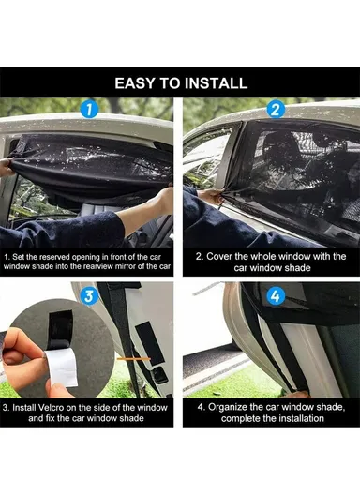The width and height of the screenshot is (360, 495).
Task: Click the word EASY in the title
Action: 137,83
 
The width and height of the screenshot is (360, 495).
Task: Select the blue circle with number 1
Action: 89,110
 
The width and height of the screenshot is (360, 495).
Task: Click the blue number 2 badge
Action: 275,110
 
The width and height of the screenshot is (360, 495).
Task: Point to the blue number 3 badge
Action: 89,299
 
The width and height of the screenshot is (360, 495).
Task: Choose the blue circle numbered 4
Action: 275,299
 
